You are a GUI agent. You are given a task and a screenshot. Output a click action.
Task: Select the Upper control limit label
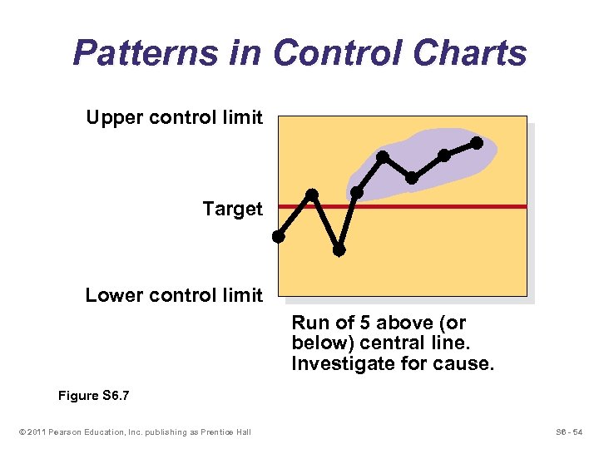174,117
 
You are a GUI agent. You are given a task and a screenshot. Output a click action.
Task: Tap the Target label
232,209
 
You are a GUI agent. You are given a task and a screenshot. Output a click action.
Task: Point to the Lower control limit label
174,295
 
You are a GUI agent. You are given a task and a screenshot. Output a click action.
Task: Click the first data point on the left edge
279,236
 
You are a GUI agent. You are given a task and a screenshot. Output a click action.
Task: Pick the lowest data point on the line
339,249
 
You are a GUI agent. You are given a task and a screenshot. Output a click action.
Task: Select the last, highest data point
477,143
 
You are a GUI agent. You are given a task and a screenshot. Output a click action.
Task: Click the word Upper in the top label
112,117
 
